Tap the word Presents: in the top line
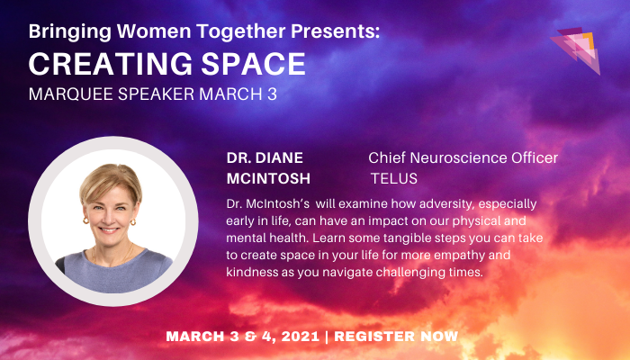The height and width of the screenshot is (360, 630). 323,31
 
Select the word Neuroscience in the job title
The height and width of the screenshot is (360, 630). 453,158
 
